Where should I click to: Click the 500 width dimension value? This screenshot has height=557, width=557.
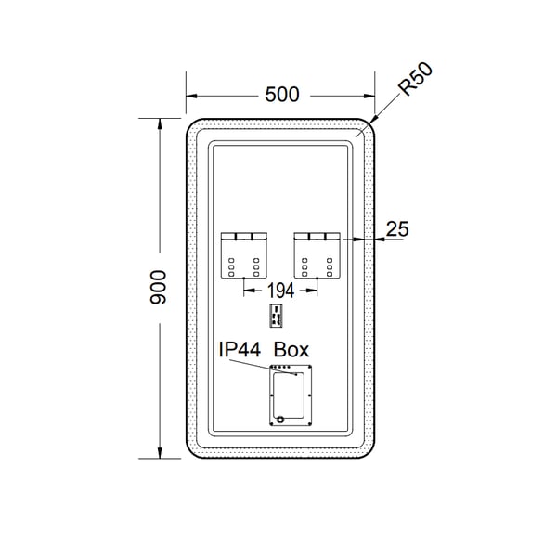282,95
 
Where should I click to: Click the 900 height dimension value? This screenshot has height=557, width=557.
158,288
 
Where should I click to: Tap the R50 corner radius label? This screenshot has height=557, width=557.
415,79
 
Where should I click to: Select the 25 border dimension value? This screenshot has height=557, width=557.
397,229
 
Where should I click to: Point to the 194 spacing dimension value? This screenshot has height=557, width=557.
280,291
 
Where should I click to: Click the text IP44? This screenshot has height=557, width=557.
240,349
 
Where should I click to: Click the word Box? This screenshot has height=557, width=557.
291,350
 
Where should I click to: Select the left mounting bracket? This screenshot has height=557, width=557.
244,255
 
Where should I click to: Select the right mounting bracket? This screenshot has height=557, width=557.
317,255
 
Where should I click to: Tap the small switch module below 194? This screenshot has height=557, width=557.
276,316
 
